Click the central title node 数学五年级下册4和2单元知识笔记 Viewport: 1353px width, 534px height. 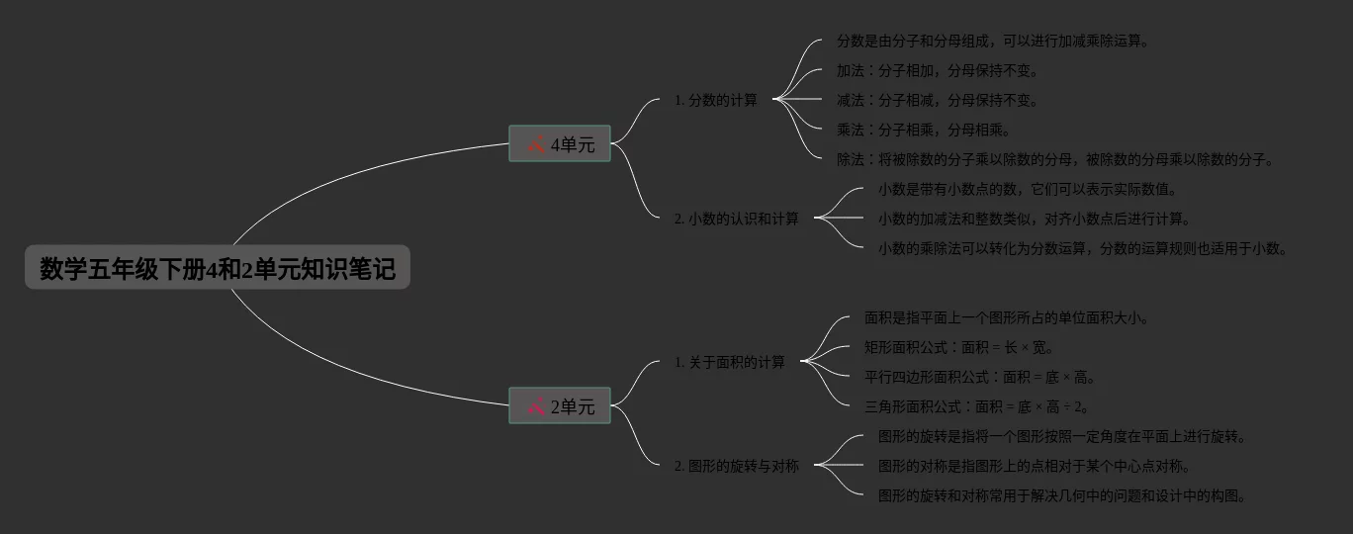pyautogui.click(x=218, y=268)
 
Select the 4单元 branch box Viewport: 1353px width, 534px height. pyautogui.click(x=560, y=144)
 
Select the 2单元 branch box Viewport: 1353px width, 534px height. pyautogui.click(x=560, y=405)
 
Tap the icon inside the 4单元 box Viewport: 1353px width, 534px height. pyautogui.click(x=536, y=144)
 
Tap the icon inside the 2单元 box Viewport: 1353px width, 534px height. pyautogui.click(x=536, y=405)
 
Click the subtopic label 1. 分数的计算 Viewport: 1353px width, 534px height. pyautogui.click(x=716, y=100)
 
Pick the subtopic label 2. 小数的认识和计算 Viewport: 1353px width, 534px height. pyautogui.click(x=737, y=219)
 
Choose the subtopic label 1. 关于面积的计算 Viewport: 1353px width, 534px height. pyautogui.click(x=730, y=362)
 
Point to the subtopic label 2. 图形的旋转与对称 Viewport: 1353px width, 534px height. pyautogui.click(x=737, y=466)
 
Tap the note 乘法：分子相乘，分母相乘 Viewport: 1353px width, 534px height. pyautogui.click(x=924, y=130)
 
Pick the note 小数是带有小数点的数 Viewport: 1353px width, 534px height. pyautogui.click(x=1029, y=189)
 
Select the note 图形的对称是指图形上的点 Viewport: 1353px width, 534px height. pyautogui.click(x=1035, y=466)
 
